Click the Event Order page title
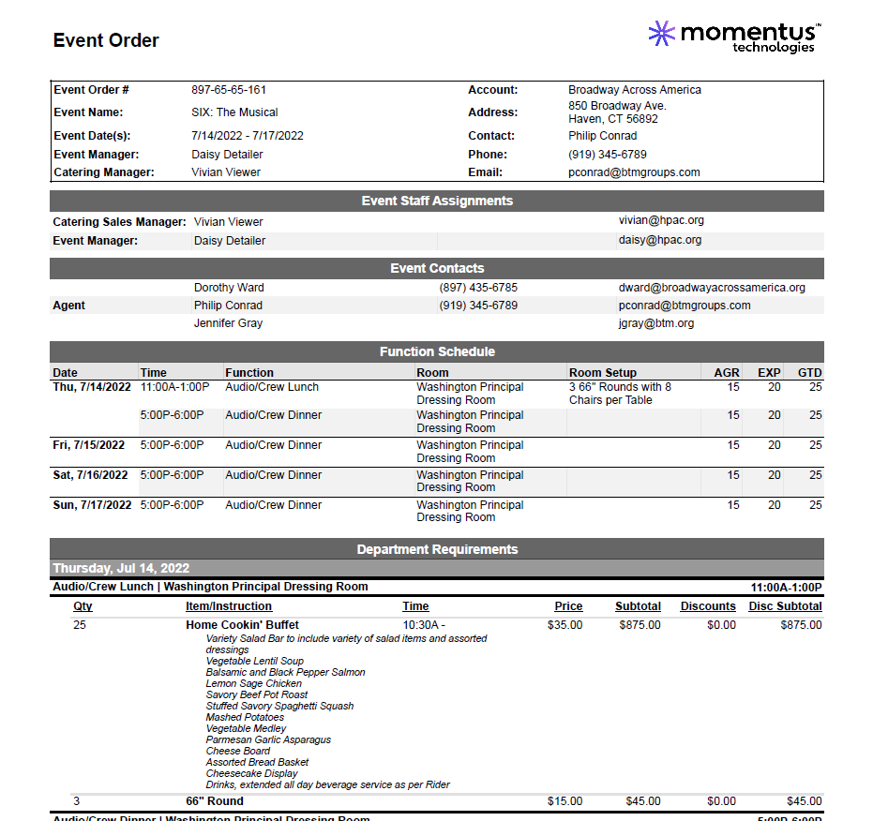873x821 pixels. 106,40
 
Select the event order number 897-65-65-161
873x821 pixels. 229,90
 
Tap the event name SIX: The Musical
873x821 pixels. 234,112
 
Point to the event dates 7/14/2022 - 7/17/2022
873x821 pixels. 248,136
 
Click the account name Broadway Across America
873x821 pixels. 635,90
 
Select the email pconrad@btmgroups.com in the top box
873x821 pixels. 634,172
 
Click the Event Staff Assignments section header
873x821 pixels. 437,201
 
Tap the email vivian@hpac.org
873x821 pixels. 661,220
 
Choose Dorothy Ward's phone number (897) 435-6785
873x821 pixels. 478,288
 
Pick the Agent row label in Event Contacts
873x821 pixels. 68,306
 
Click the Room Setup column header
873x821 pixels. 603,372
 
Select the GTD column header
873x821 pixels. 809,372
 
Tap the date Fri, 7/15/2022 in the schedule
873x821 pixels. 88,445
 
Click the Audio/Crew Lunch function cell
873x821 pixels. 272,387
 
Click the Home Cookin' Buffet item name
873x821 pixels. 242,625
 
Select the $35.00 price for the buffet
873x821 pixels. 564,625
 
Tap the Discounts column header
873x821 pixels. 708,606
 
